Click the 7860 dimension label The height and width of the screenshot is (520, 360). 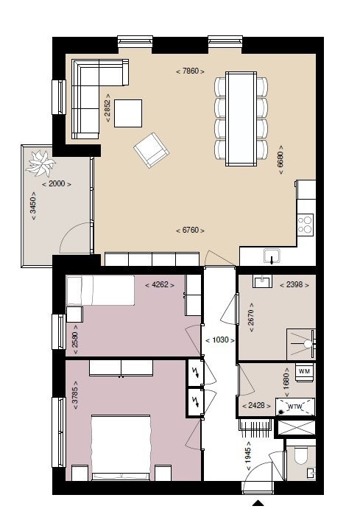189,71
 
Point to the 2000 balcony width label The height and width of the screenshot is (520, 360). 57,183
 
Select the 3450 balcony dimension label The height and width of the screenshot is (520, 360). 32,212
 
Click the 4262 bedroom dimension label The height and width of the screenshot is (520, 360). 160,284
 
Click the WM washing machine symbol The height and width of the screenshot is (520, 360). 304,372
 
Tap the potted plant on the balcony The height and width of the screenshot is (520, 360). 40,161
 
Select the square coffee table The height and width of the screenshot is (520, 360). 128,113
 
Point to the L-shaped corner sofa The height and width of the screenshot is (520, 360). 92,92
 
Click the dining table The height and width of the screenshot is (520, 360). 241,117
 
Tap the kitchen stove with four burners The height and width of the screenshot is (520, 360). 305,224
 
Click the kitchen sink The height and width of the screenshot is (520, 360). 272,257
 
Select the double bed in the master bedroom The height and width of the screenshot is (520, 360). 121,447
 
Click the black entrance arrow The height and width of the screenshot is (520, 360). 258,503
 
